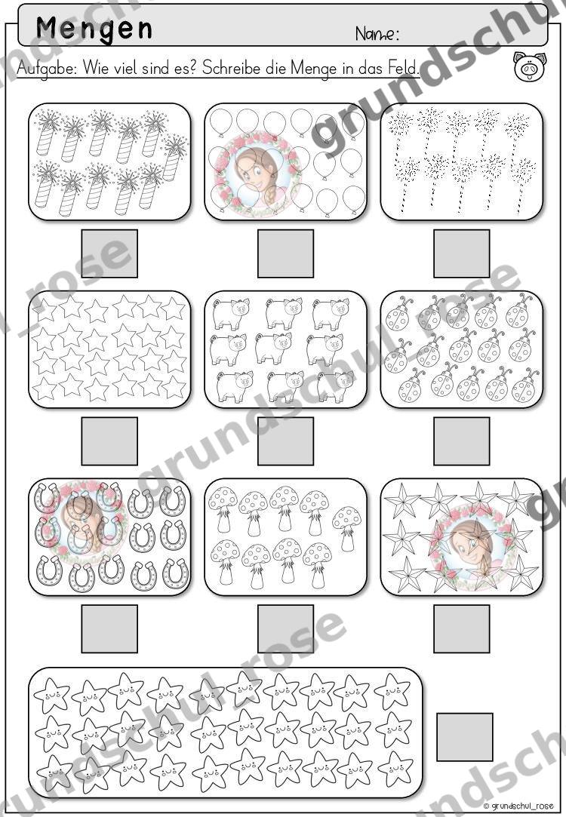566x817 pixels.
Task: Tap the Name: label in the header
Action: [x=377, y=34]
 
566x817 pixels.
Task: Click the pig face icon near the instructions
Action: [x=529, y=66]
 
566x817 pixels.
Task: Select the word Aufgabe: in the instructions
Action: [x=48, y=68]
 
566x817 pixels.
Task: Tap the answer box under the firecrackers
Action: [x=109, y=253]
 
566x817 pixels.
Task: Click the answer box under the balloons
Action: [x=285, y=253]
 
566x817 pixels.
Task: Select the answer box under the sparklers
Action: [x=462, y=253]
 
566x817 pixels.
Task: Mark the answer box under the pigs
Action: [x=285, y=441]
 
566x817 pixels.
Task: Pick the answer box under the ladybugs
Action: [x=462, y=441]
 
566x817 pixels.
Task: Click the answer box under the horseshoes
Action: [x=109, y=628]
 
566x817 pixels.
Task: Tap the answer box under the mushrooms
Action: [x=285, y=628]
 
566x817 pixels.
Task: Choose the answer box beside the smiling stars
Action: [x=464, y=737]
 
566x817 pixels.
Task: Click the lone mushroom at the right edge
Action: [x=346, y=527]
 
